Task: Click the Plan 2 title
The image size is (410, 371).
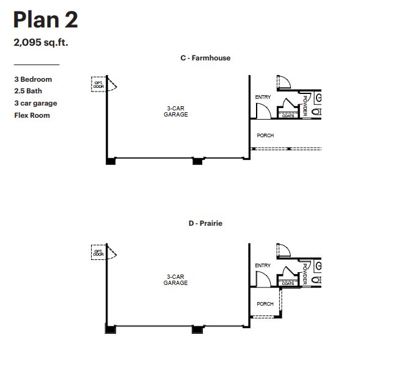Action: click(45, 20)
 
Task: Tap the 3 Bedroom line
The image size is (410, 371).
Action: click(33, 79)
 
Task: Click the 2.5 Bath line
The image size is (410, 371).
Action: click(29, 91)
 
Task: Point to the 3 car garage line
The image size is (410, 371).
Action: click(35, 103)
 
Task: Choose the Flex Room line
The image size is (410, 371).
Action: click(32, 115)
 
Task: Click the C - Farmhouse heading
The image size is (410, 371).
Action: click(205, 59)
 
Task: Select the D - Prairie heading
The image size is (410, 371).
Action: click(205, 224)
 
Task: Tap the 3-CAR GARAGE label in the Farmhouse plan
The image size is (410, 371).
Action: click(175, 112)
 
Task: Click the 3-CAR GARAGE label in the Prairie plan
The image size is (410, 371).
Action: click(175, 280)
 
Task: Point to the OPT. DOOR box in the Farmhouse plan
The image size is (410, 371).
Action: click(98, 85)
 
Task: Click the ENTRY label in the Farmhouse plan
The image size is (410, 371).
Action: click(263, 98)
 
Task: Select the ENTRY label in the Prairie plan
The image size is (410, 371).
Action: click(263, 265)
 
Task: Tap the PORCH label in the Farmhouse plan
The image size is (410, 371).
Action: click(265, 135)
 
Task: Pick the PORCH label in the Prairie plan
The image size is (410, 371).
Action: click(265, 304)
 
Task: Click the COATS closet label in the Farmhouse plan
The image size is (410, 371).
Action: click(288, 115)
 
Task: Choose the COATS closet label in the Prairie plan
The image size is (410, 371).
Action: click(288, 283)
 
